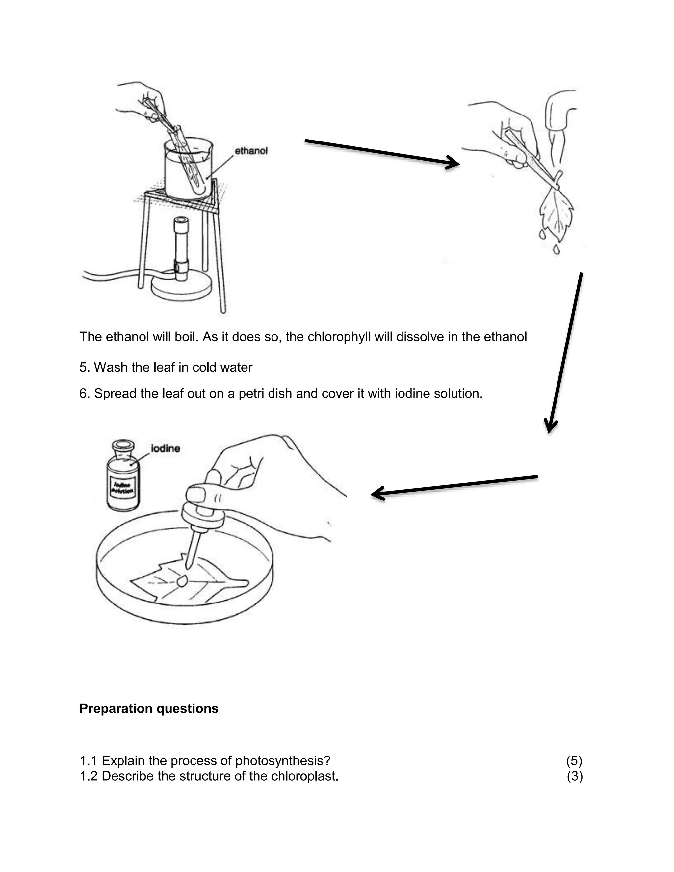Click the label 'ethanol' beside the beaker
251,151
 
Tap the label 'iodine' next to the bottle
165,449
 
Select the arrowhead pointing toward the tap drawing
453,163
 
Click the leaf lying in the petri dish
188,585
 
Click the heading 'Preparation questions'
148,709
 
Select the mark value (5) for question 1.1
574,761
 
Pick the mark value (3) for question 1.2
574,776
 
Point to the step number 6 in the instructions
84,394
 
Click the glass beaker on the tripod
188,170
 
